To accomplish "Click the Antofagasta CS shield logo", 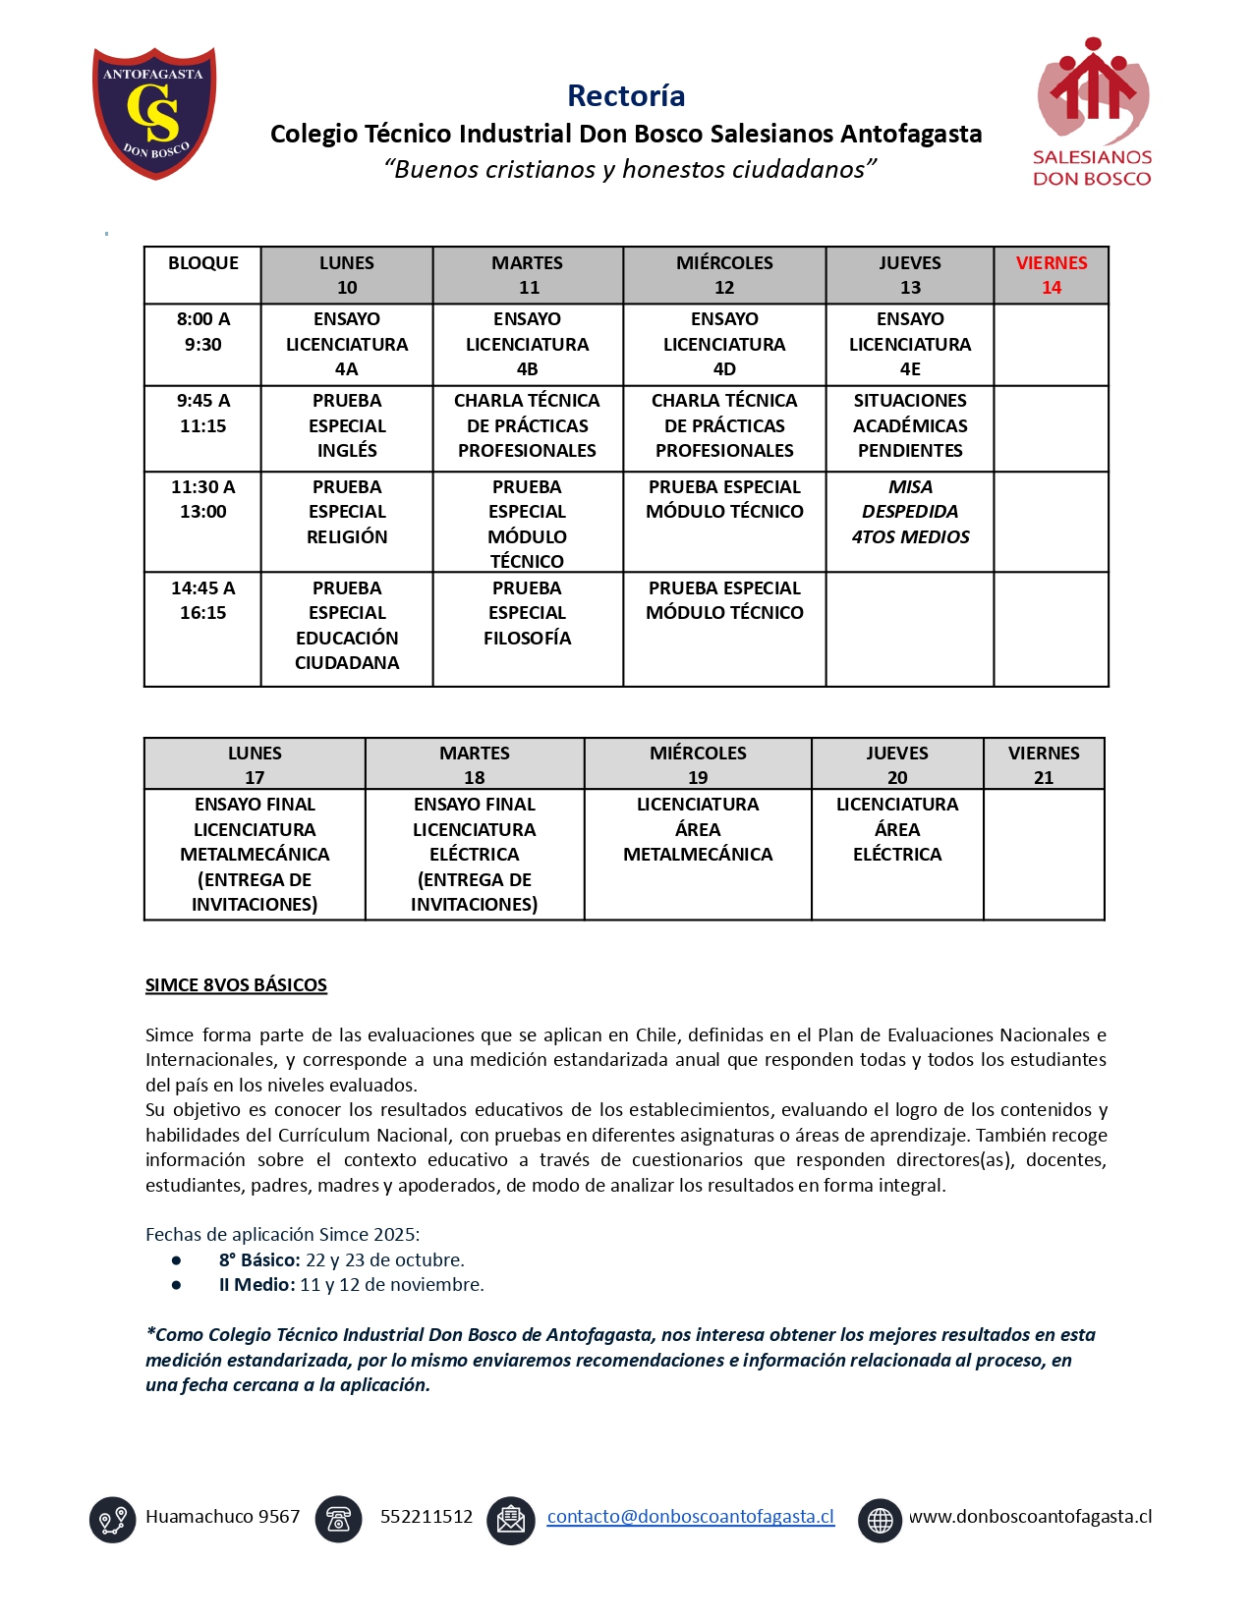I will [x=154, y=112].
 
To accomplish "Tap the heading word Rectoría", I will [x=626, y=95].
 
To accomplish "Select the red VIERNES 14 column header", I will [x=1051, y=275].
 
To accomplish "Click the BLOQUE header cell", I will [x=202, y=263].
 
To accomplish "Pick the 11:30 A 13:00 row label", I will [x=202, y=499].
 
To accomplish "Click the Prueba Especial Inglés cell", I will [x=347, y=425].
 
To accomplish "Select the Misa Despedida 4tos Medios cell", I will [x=910, y=512].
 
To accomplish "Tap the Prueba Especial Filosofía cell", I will [x=527, y=613].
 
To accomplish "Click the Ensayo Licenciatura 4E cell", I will [x=910, y=344].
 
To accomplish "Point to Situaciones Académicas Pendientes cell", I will [x=910, y=425].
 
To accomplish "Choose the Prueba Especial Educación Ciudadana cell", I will [x=347, y=625].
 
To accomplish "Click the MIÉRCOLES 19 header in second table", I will [x=698, y=764].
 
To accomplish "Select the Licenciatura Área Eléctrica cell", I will [x=896, y=829].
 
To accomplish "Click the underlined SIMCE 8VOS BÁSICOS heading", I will [x=236, y=985].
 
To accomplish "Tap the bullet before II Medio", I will [x=176, y=1285].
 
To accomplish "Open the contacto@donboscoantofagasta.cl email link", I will [x=690, y=1517].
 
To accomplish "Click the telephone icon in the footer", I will [x=338, y=1519].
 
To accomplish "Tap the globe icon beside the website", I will [x=880, y=1520].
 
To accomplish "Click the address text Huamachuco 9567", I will [x=222, y=1517].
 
